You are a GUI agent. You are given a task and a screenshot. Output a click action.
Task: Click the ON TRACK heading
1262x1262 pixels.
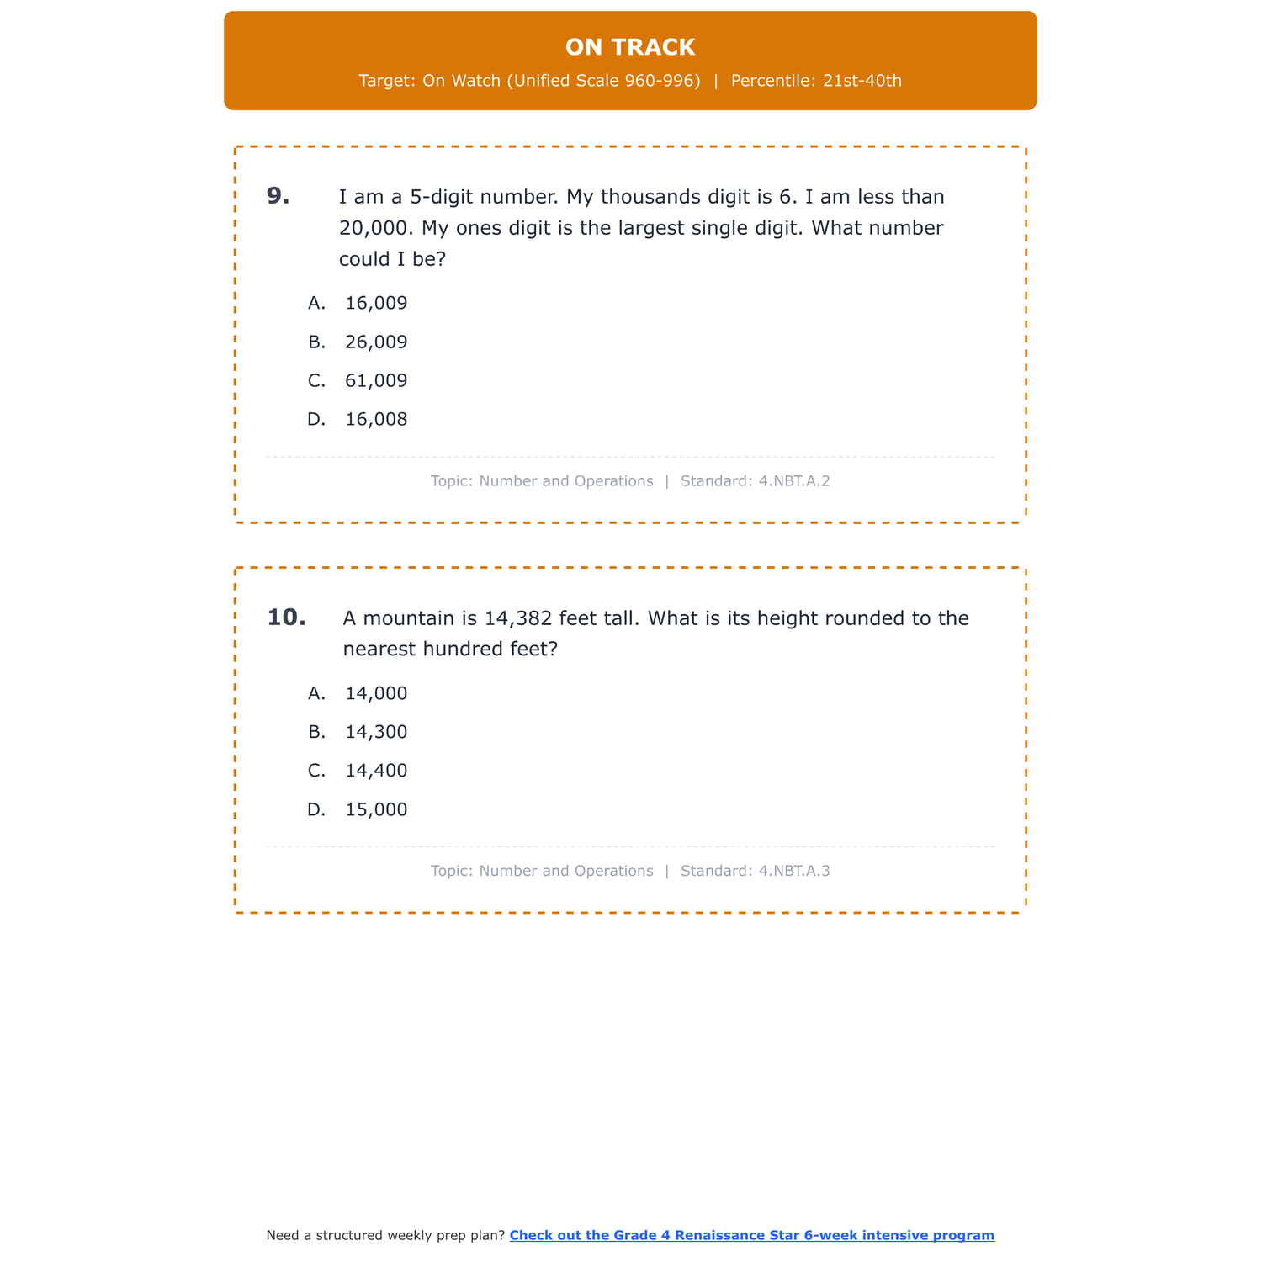[630, 47]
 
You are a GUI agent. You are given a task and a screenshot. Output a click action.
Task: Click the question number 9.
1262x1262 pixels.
[278, 196]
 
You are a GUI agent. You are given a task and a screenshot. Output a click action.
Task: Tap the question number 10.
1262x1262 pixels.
[286, 618]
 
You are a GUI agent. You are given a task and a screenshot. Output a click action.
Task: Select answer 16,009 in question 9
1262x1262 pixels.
[376, 303]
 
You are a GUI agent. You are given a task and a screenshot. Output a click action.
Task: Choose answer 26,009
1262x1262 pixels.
[376, 342]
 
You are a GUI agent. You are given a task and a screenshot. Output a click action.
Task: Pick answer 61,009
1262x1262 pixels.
[376, 381]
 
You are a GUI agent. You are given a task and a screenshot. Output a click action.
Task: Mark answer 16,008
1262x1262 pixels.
[376, 420]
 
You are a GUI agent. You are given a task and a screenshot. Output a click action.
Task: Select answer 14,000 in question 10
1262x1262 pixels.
[376, 694]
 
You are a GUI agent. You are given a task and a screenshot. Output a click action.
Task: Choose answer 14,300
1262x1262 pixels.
[376, 733]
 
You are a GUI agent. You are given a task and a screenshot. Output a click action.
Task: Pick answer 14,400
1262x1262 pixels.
[376, 771]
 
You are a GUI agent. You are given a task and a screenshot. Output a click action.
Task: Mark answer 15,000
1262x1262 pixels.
[376, 810]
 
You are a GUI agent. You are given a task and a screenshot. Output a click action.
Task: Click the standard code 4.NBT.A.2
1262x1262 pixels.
[794, 481]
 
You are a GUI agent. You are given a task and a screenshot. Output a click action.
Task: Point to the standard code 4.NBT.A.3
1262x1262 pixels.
[794, 871]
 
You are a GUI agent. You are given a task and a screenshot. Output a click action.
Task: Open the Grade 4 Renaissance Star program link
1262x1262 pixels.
[751, 1235]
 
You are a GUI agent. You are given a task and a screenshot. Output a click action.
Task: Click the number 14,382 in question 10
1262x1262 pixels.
[518, 618]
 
